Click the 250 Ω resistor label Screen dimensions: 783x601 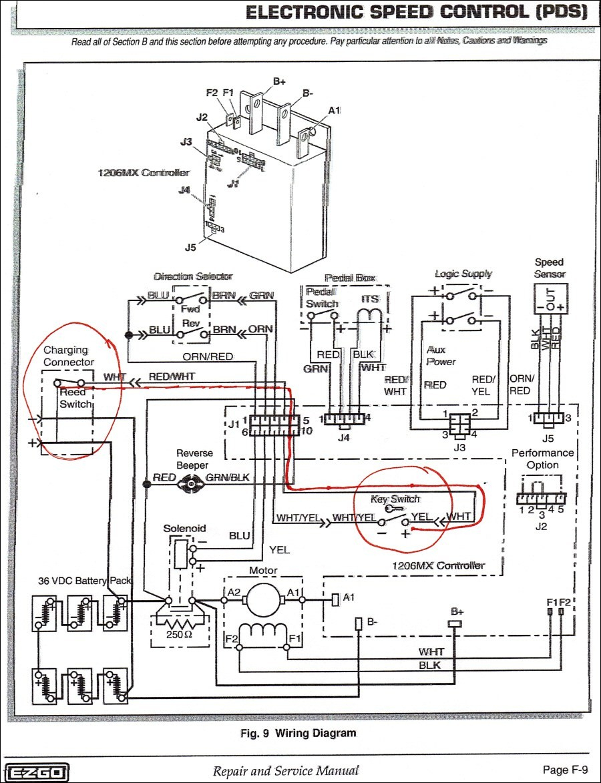coord(179,633)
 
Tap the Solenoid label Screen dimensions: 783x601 coord(184,528)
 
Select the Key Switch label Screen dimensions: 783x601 coord(395,499)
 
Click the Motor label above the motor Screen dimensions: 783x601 coord(263,571)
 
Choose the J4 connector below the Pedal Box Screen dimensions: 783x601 coord(344,420)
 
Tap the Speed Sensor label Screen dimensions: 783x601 coord(549,268)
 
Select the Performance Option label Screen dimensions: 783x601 coord(542,459)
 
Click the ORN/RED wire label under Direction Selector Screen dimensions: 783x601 coord(208,356)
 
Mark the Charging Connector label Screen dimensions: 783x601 coord(69,356)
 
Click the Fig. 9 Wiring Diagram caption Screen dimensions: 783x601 coord(298,733)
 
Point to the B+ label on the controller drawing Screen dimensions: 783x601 coord(279,81)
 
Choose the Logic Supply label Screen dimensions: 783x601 coord(463,274)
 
